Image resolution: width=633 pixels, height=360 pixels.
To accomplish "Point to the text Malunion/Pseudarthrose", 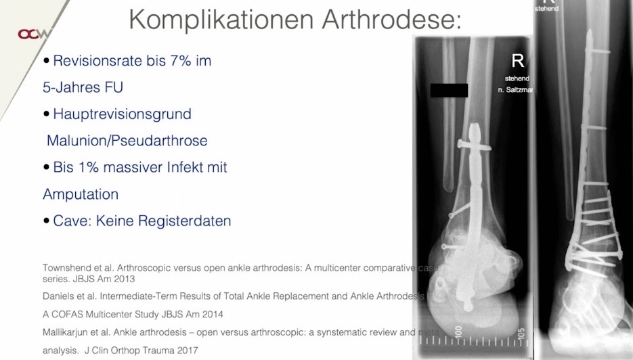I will pyautogui.click(x=127, y=141).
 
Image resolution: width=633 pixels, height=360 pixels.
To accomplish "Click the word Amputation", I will pyautogui.click(x=81, y=194).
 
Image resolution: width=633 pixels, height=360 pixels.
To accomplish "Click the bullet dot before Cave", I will pyautogui.click(x=47, y=221).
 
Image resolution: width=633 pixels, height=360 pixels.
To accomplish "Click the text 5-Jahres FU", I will pyautogui.click(x=83, y=88).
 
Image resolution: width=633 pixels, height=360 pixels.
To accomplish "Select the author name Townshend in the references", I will pyautogui.click(x=66, y=267).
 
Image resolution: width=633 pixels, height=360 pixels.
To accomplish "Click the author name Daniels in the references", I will pyautogui.click(x=58, y=296).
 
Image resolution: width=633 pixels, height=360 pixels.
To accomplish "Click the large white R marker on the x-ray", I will pyautogui.click(x=518, y=61).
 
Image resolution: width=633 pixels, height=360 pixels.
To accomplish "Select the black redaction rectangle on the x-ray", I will pyautogui.click(x=449, y=90).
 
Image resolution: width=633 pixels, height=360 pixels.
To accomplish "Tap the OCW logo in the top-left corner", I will pyautogui.click(x=32, y=34).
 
